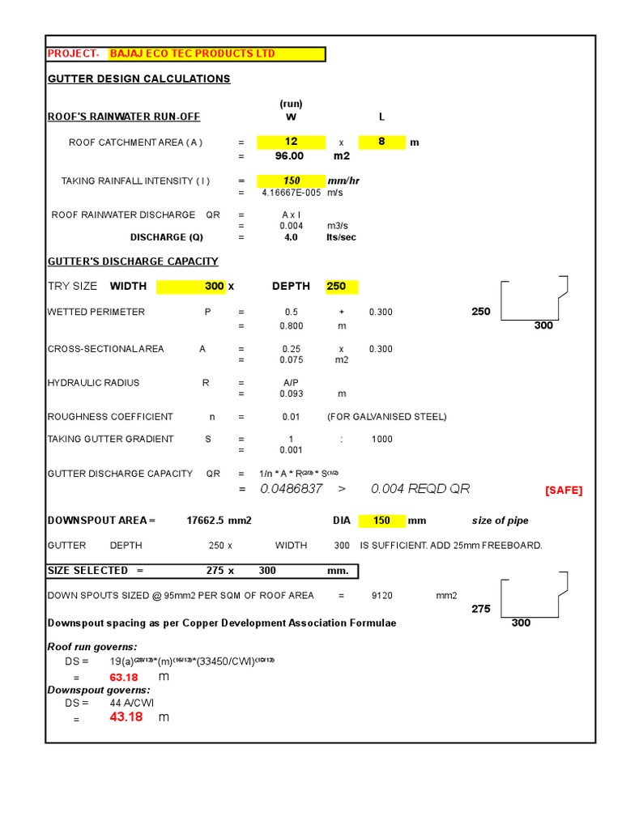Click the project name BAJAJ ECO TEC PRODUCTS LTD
pyautogui.click(x=193, y=54)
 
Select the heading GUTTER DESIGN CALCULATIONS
pyautogui.click(x=138, y=79)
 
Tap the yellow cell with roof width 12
pyautogui.click(x=291, y=142)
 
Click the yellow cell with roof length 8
pyautogui.click(x=381, y=142)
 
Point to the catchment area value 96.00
pyautogui.click(x=289, y=156)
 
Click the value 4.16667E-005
pyautogui.click(x=291, y=193)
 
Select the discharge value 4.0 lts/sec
pyautogui.click(x=291, y=237)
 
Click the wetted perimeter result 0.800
pyautogui.click(x=291, y=325)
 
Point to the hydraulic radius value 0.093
pyautogui.click(x=291, y=394)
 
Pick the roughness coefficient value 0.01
pyautogui.click(x=291, y=417)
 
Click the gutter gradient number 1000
pyautogui.click(x=381, y=439)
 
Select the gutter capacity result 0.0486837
pyautogui.click(x=292, y=489)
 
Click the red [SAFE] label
pyautogui.click(x=563, y=491)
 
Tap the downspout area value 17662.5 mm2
pyautogui.click(x=219, y=521)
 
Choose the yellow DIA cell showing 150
pyautogui.click(x=381, y=521)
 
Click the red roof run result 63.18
pyautogui.click(x=124, y=677)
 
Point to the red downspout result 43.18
pyautogui.click(x=126, y=717)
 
